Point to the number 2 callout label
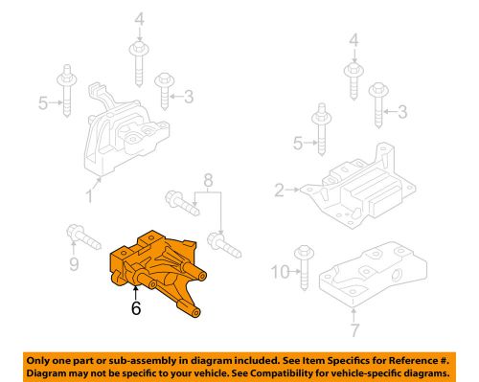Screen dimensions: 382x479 (x=279, y=191)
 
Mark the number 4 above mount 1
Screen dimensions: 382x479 (x=139, y=19)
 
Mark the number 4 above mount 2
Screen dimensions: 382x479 (x=354, y=43)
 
